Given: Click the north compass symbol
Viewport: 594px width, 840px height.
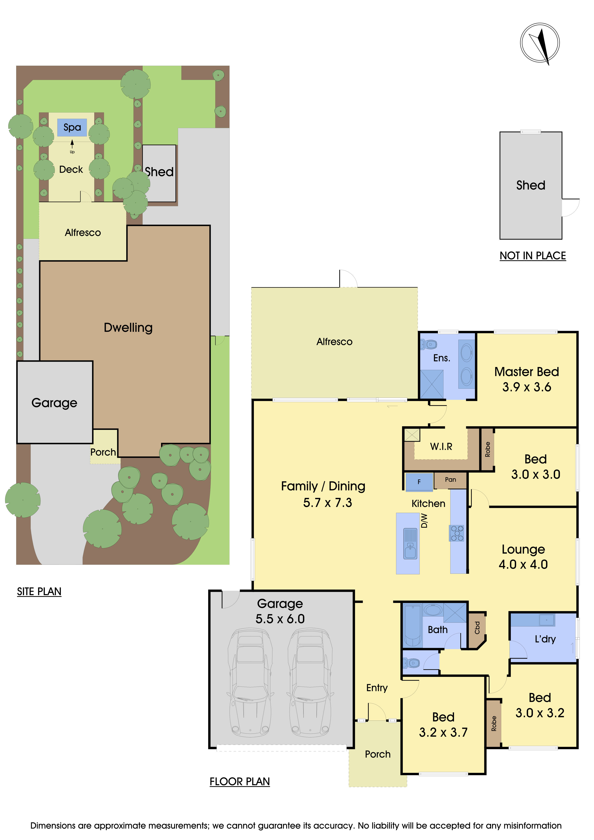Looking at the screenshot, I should pyautogui.click(x=540, y=43).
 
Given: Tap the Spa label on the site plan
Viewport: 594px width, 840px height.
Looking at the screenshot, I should pyautogui.click(x=72, y=127).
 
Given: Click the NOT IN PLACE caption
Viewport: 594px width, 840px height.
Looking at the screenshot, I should pyautogui.click(x=532, y=256).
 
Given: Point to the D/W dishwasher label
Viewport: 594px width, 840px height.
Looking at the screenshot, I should pyautogui.click(x=424, y=521).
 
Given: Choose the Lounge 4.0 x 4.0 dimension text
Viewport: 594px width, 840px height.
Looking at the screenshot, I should pyautogui.click(x=523, y=565).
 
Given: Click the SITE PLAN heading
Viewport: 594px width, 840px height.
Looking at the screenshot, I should pyautogui.click(x=39, y=592).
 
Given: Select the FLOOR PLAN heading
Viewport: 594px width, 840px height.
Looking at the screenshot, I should pyautogui.click(x=240, y=781).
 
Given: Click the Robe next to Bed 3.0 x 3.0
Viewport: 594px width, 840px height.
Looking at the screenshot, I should pyautogui.click(x=487, y=449).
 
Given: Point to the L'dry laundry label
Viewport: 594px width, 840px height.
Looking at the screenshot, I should pyautogui.click(x=545, y=639).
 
